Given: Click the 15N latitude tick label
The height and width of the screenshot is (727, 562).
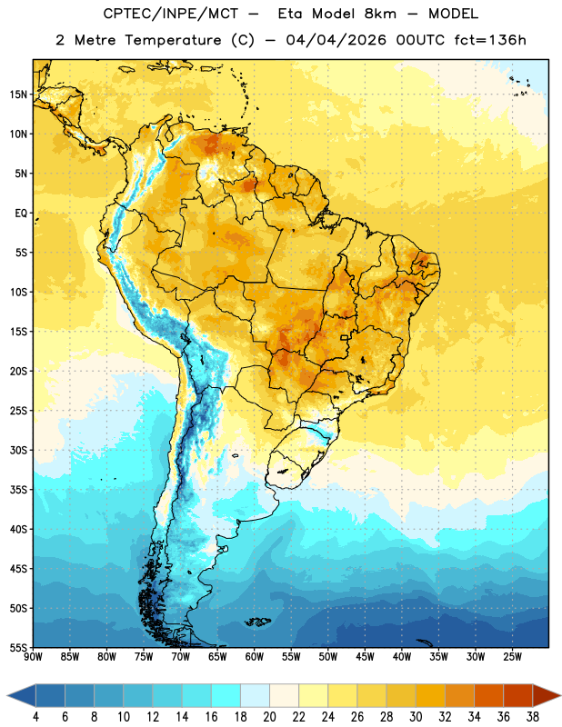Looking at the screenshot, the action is [x=18, y=95].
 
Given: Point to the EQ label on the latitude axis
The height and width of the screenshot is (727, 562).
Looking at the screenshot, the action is [x=21, y=214].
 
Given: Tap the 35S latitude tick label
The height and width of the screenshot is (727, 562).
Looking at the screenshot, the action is [x=18, y=490].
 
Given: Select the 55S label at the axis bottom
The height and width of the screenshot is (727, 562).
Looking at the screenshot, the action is [x=18, y=647].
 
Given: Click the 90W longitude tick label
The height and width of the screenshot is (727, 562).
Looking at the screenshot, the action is [x=34, y=656].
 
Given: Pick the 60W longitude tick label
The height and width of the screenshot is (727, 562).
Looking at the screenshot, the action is [x=255, y=656].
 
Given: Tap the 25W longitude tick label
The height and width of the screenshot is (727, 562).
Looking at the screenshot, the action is [x=512, y=656].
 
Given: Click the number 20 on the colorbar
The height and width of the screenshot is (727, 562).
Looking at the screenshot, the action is [x=269, y=717].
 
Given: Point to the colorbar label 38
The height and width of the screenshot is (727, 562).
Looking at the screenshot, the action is [x=533, y=717].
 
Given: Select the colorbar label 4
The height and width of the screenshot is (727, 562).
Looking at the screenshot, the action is [x=35, y=717].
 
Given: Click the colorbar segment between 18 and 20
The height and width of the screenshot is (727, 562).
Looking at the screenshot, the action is [x=256, y=695].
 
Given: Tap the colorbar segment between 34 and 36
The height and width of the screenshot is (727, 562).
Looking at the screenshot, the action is [x=489, y=695].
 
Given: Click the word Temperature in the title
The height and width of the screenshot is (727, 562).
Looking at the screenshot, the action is [x=173, y=40].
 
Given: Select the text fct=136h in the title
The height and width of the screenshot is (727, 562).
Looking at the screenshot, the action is [x=490, y=40].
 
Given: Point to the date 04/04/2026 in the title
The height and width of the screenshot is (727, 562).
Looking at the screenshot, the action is [x=336, y=40].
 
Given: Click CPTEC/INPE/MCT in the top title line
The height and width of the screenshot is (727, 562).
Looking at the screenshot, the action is [x=171, y=14].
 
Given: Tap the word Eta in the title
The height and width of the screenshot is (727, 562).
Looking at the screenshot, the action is [x=290, y=14].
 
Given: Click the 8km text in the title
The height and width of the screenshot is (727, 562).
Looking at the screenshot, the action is [x=380, y=14].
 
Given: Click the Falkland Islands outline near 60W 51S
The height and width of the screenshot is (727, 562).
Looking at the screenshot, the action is [x=257, y=622].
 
